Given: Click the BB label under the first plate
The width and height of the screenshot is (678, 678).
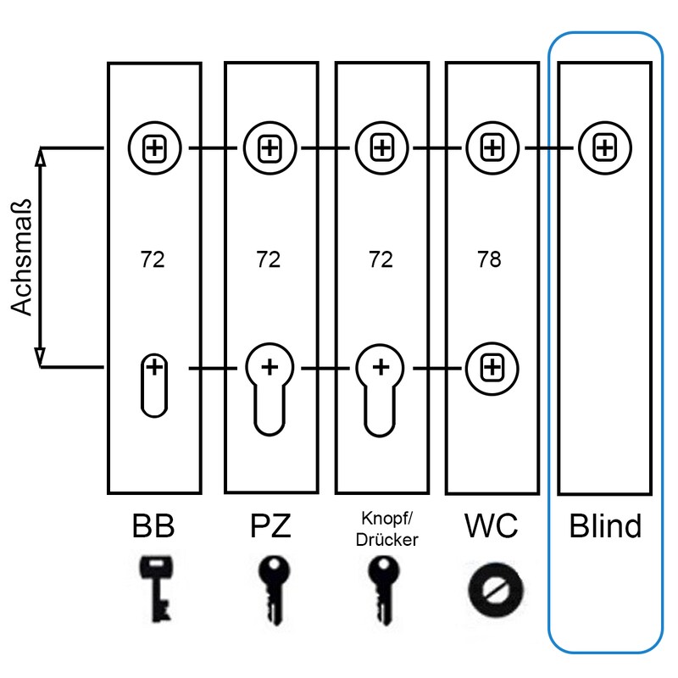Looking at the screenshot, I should click(x=153, y=526).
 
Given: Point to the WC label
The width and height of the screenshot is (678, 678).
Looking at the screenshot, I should click(x=491, y=526).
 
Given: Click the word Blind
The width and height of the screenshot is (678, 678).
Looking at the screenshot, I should click(x=604, y=526).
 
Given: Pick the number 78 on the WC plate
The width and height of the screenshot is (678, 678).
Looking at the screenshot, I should click(x=490, y=258).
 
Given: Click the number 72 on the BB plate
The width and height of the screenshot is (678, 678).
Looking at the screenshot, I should click(x=153, y=258).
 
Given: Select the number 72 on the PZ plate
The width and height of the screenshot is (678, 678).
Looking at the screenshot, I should click(x=268, y=258).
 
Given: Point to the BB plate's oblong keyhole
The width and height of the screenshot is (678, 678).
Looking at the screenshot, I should click(x=153, y=385).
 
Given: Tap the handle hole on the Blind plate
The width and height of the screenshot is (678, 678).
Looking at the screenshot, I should click(x=603, y=148).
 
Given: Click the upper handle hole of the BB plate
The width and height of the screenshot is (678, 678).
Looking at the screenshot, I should click(x=153, y=148).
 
